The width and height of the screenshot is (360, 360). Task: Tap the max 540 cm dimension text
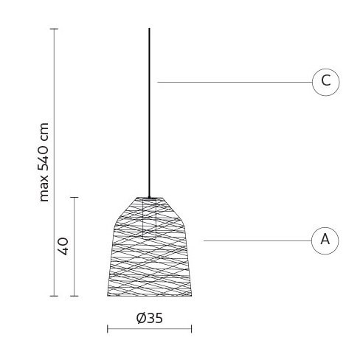44,162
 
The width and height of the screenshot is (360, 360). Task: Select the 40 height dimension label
63,246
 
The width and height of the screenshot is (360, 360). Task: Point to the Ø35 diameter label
150,318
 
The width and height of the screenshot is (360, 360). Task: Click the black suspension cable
149,113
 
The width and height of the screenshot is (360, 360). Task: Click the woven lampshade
150,246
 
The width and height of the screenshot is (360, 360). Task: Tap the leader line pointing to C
235,82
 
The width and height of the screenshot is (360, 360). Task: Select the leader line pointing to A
257,240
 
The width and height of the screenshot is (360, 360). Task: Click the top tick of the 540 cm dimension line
54,29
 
